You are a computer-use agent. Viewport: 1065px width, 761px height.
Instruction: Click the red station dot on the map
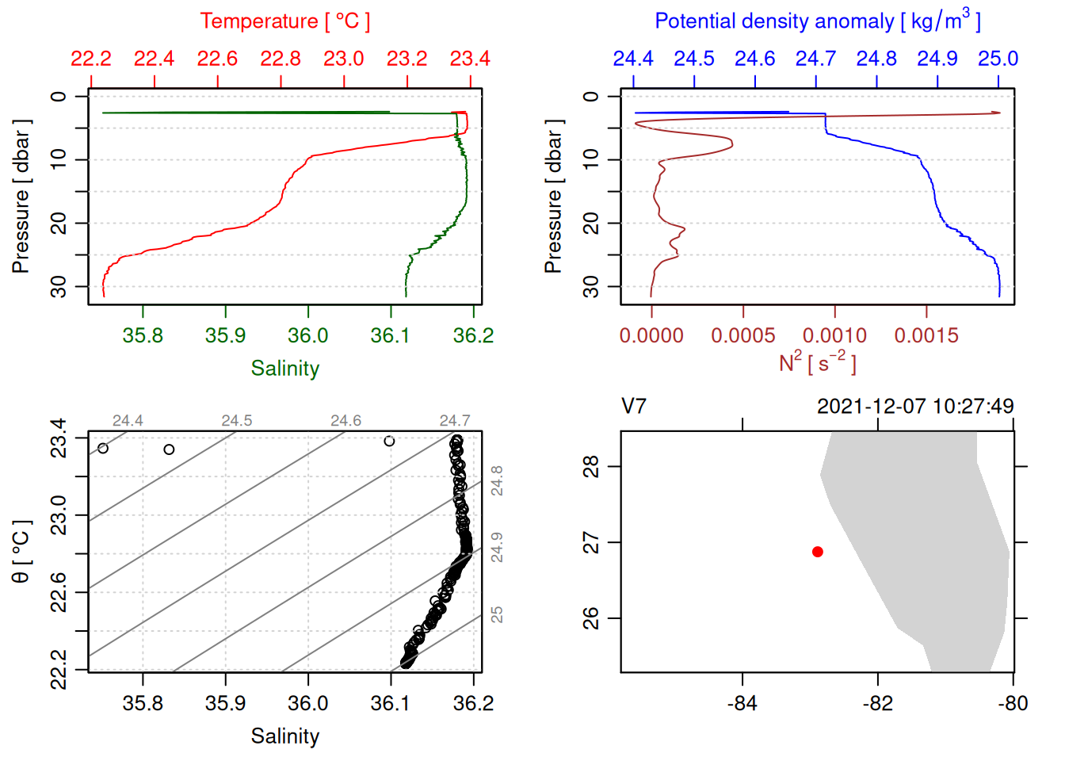click(x=817, y=552)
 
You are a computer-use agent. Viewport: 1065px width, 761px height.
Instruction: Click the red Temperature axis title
click(x=284, y=21)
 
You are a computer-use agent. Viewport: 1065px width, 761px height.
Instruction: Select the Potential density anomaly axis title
click(x=817, y=21)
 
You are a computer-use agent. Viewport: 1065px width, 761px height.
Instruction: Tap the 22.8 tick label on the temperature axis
click(x=281, y=59)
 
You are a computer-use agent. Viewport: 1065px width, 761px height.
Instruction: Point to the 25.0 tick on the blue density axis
click(x=998, y=59)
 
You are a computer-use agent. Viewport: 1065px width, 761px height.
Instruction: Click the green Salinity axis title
click(x=284, y=369)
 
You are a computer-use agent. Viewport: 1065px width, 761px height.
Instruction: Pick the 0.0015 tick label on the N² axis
click(x=926, y=336)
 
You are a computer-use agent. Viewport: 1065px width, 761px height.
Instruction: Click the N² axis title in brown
click(x=817, y=363)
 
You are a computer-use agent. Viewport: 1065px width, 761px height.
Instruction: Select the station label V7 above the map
click(x=634, y=407)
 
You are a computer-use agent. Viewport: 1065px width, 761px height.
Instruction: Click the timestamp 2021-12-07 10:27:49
click(x=915, y=407)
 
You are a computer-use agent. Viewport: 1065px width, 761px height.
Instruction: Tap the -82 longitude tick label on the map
click(x=877, y=703)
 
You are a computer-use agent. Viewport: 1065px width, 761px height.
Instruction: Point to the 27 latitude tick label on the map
click(x=592, y=543)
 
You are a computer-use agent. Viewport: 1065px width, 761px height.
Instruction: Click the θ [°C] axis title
click(x=21, y=552)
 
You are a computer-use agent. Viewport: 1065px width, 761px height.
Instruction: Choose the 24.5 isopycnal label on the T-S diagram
click(x=236, y=421)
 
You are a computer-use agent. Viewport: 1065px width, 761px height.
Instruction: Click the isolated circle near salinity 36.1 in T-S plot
click(x=389, y=441)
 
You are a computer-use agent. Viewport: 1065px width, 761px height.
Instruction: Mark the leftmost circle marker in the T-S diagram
click(x=103, y=449)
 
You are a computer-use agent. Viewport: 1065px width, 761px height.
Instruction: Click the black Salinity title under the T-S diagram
click(x=284, y=736)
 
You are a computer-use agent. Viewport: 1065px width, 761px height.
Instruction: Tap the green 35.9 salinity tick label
click(x=225, y=336)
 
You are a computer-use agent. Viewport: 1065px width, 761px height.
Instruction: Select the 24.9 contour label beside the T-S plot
click(x=497, y=548)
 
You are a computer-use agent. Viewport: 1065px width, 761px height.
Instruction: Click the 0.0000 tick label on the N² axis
click(x=651, y=336)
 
